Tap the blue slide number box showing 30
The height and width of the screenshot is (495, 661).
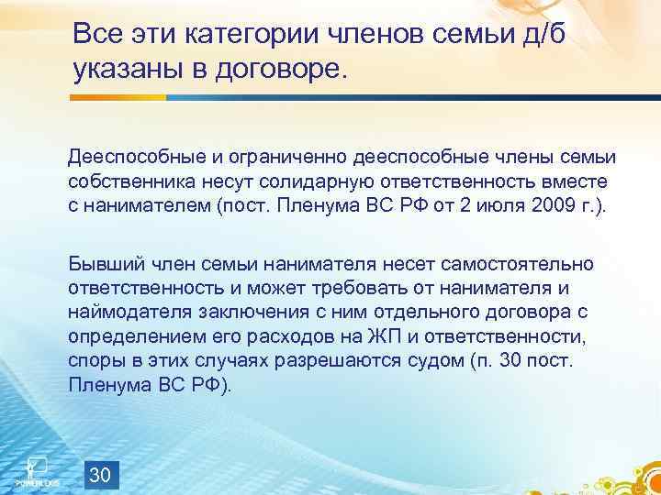point(103,475)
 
